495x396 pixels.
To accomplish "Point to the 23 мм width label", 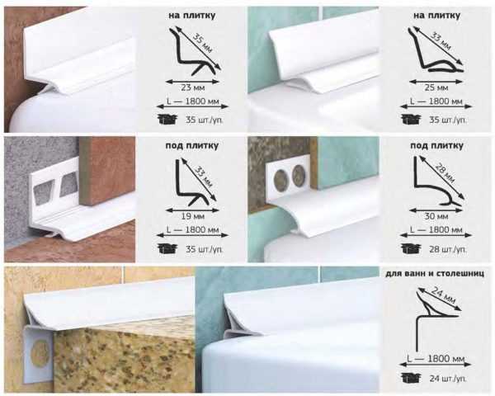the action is (193, 87).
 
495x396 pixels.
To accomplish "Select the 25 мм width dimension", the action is (436, 87).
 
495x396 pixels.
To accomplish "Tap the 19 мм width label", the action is (192, 216).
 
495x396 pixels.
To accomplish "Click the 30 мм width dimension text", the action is (436, 216).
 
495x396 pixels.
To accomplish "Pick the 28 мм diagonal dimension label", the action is (445, 173).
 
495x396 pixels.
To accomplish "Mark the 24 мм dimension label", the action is (443, 295).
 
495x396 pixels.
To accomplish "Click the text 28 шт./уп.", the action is (448, 249).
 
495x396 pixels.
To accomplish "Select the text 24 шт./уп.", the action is (448, 378).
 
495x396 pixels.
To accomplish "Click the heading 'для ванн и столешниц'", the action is (435, 274).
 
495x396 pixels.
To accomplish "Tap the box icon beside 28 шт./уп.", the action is (411, 248).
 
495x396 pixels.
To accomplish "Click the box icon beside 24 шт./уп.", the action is (411, 377).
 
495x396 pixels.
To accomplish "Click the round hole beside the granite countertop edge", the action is (40, 352).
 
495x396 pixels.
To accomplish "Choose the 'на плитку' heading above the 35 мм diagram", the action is (191, 16).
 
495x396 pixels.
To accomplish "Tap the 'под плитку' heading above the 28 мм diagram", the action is (436, 145).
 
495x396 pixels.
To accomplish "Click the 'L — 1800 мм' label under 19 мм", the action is (192, 229).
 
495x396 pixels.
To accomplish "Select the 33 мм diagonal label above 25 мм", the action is (441, 43).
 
